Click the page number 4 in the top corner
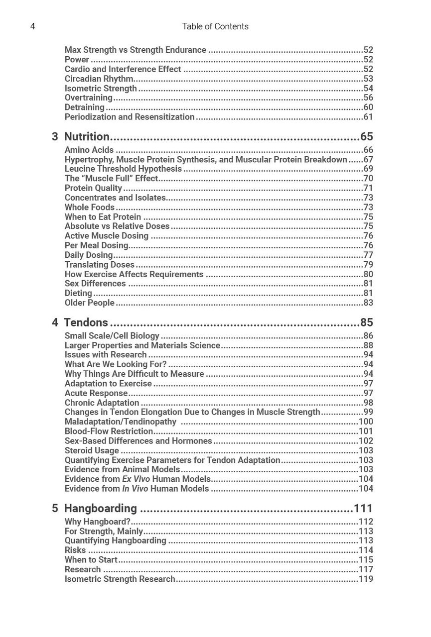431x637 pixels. click(x=33, y=26)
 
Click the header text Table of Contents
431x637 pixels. click(x=215, y=26)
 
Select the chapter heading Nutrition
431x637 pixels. click(x=87, y=136)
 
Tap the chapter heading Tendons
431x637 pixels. click(x=86, y=322)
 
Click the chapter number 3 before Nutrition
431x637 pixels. click(x=55, y=136)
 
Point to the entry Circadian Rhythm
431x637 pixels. click(x=99, y=79)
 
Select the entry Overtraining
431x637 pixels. click(x=88, y=98)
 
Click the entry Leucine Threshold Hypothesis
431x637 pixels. click(x=123, y=169)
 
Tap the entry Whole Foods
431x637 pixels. click(x=89, y=207)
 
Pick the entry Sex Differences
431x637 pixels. click(x=95, y=284)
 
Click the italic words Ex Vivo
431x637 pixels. click(x=136, y=479)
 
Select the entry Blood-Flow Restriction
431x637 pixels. click(x=109, y=431)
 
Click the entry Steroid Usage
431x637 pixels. click(x=92, y=450)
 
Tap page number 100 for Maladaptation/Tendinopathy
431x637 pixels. click(x=366, y=422)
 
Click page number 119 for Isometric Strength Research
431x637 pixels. click(x=366, y=579)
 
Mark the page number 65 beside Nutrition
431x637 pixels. click(x=366, y=136)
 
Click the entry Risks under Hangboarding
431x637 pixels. click(x=75, y=550)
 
